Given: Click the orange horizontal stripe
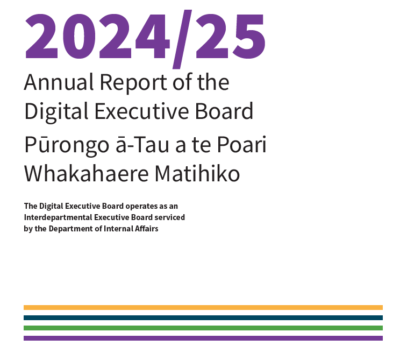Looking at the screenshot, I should click(203, 308).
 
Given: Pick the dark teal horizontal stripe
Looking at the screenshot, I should click(203, 318).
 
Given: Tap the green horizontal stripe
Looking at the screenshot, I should click(203, 328).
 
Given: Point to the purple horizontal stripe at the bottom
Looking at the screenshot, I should click(203, 338).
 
